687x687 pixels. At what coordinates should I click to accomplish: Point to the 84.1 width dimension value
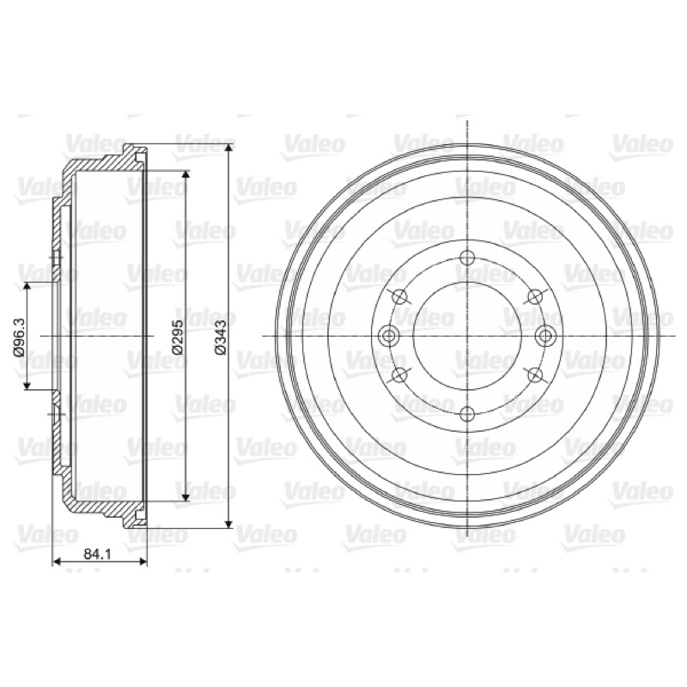(98, 554)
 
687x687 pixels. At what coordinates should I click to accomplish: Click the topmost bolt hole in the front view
(468, 258)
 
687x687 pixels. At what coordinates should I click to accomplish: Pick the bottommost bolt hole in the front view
(468, 414)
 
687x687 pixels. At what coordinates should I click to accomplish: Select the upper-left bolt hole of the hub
(400, 297)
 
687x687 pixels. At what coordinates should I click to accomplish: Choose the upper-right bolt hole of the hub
(535, 297)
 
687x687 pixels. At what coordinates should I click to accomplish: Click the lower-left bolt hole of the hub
(400, 374)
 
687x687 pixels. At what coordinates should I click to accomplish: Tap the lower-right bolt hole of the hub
(535, 374)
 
